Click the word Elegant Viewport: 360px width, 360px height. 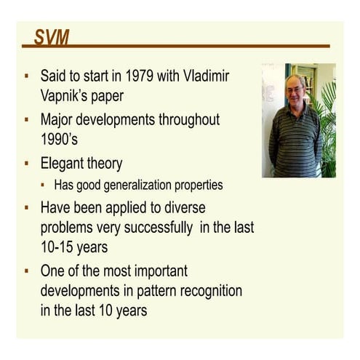point(66,163)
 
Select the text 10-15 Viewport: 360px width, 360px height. point(59,247)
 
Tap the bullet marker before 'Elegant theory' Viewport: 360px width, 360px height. point(27,163)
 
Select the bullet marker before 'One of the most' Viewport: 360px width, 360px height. point(27,271)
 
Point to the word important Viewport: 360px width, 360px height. point(152,271)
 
